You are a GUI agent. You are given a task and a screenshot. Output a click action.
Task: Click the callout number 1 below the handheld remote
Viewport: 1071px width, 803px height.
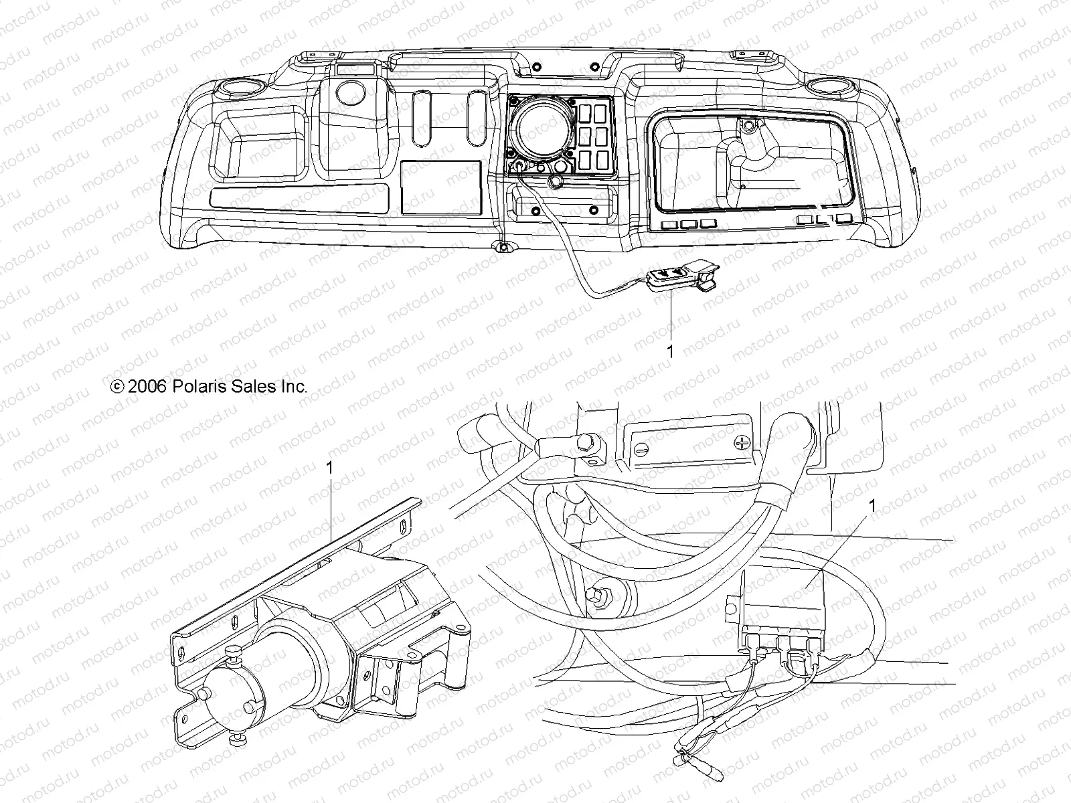point(670,351)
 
